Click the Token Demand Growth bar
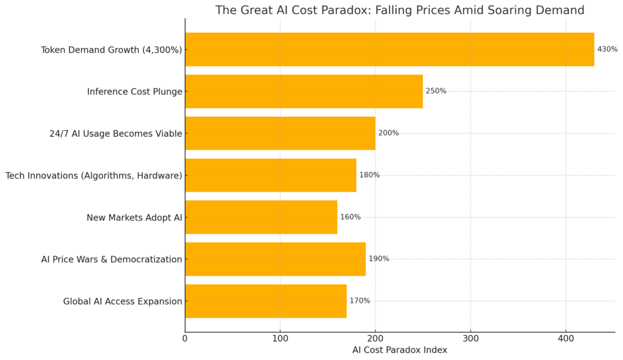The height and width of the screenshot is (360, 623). tap(389, 49)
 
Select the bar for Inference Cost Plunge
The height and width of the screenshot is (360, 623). tap(304, 91)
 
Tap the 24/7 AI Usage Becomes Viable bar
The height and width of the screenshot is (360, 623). tap(280, 133)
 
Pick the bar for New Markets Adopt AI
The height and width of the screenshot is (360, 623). tap(261, 217)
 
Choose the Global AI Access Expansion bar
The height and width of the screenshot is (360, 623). tap(266, 301)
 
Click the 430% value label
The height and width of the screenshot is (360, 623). tap(607, 49)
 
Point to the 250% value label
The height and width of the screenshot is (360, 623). tap(436, 91)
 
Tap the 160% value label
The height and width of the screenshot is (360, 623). tap(350, 217)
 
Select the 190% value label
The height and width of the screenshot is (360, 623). tap(378, 259)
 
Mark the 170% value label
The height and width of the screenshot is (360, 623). tap(360, 301)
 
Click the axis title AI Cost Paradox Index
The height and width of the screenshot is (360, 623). tap(400, 350)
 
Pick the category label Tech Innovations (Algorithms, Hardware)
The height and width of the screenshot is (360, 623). tap(94, 176)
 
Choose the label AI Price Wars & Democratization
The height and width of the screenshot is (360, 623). tap(111, 260)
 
